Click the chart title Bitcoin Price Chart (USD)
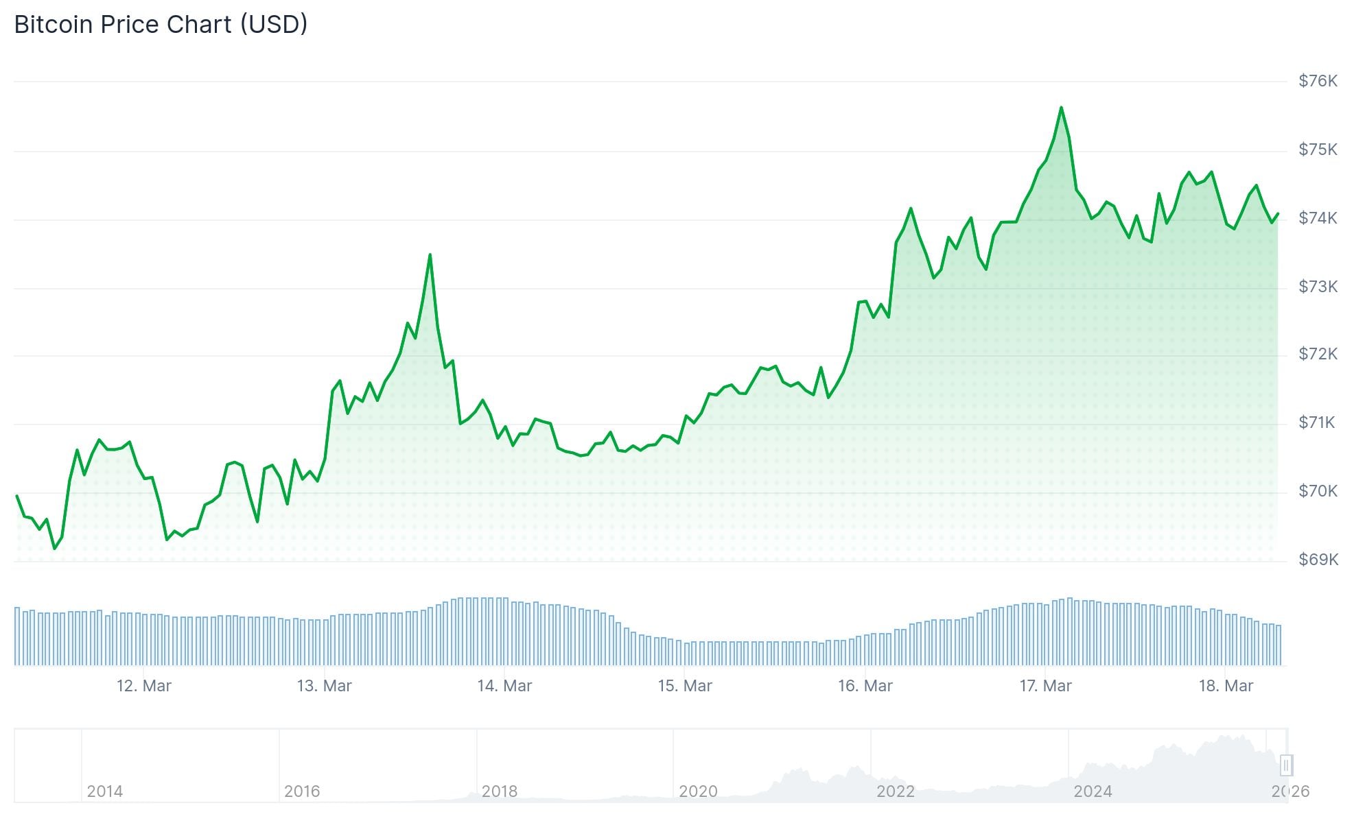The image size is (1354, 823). [161, 25]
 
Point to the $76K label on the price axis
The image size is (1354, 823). [1318, 81]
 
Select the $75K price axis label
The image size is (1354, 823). [1318, 150]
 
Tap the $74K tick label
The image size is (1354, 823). [1318, 218]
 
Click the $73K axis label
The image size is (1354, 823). [1318, 287]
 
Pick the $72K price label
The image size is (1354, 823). [1318, 354]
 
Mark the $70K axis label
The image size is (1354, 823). [1318, 491]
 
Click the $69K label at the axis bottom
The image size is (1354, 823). [1318, 560]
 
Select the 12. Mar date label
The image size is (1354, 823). [144, 686]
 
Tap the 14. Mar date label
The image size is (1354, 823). [504, 686]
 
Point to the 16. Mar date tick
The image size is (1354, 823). [865, 686]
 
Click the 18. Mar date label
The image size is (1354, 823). [1226, 686]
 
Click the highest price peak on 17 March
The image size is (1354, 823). [1061, 108]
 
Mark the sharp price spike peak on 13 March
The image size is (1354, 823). [430, 255]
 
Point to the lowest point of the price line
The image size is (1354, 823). [55, 549]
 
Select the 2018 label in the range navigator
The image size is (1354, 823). [499, 791]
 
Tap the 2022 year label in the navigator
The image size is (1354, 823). [895, 791]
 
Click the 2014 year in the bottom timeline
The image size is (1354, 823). [104, 791]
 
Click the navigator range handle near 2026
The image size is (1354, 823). [1286, 765]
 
